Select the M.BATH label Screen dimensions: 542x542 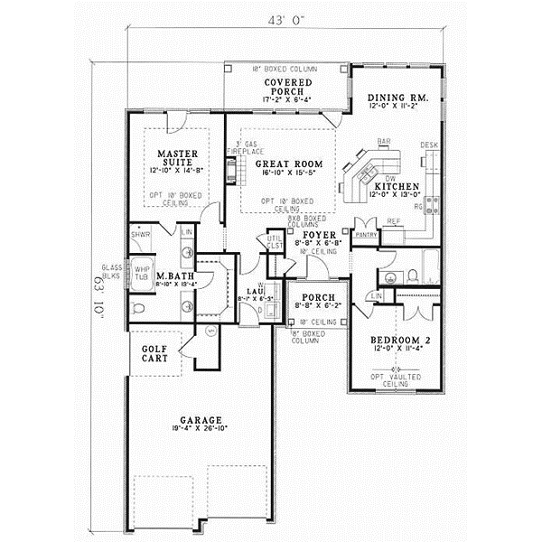(171, 275)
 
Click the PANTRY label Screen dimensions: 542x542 (366, 234)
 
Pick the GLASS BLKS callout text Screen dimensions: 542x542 (112, 271)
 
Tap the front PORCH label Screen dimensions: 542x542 (315, 298)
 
